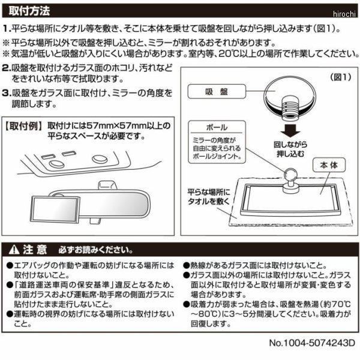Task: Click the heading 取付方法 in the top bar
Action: click(29, 11)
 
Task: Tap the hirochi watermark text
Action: click(344, 14)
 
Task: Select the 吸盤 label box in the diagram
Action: click(217, 91)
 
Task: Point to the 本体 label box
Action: click(329, 165)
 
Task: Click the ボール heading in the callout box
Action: click(217, 127)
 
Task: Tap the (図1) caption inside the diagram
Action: click(341, 77)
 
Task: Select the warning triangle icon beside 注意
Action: click(14, 250)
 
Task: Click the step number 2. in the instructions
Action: click(6, 68)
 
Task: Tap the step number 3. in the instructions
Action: click(6, 94)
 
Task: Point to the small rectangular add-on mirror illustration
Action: click(55, 209)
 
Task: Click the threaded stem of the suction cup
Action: click(290, 108)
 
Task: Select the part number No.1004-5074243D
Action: click(312, 343)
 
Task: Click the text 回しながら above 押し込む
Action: click(290, 145)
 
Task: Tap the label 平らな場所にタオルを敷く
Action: click(209, 197)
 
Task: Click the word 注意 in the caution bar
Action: click(35, 250)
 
